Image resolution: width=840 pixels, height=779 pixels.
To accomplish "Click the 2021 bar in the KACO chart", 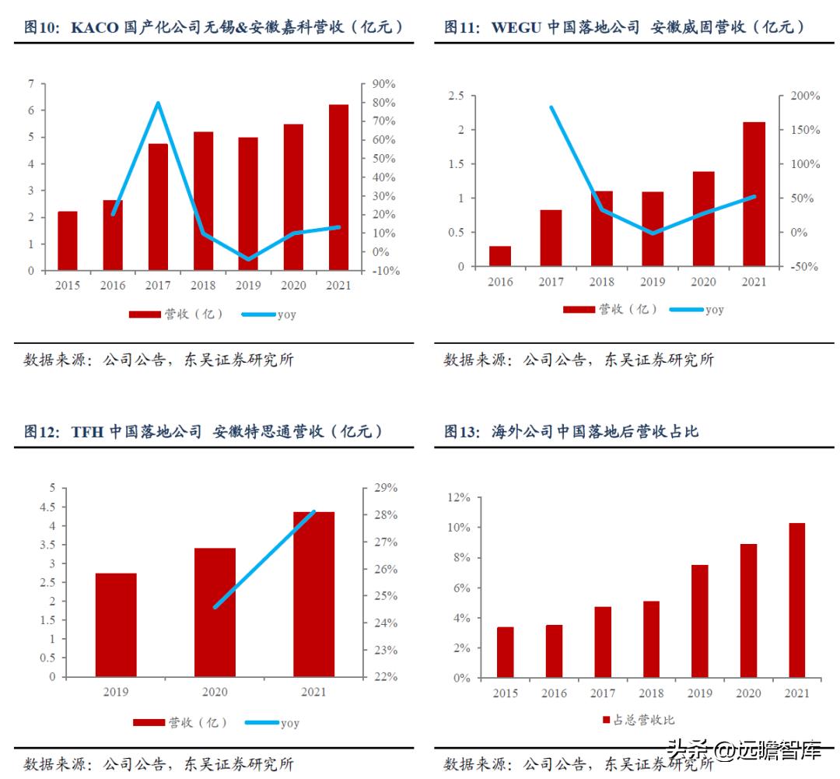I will click(338, 188).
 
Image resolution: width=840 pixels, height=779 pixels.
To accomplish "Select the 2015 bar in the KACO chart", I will click(68, 241).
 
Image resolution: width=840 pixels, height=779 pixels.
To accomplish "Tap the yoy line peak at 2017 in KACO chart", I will click(158, 104).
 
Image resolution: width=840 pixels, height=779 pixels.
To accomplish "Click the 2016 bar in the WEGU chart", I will click(500, 256).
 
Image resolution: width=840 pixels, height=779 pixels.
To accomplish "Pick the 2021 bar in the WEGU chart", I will click(754, 195).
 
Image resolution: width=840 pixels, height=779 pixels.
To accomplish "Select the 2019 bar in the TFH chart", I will click(116, 625).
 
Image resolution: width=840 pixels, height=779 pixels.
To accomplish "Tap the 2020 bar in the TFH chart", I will click(215, 612).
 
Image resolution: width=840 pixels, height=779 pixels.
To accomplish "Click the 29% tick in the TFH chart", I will click(384, 488).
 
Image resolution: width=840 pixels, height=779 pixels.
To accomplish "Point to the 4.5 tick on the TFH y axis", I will click(48, 507).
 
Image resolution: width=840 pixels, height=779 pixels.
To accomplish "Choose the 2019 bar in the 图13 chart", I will click(700, 621).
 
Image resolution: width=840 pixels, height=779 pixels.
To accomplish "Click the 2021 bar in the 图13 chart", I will click(796, 600).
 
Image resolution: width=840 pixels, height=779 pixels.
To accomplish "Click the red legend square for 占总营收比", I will click(607, 720).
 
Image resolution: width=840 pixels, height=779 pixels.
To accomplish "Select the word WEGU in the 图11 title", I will click(516, 27).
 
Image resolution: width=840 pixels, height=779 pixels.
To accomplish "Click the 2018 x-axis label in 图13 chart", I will click(651, 693).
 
